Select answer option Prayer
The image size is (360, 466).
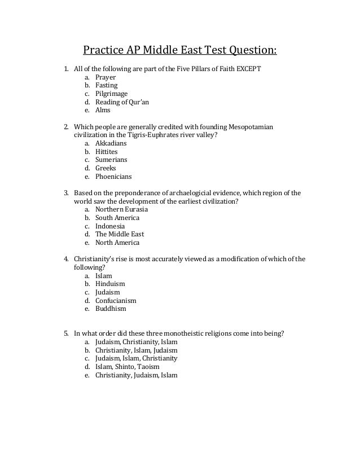[106, 77]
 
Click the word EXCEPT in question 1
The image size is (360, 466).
[248, 69]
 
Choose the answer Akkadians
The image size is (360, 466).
[111, 143]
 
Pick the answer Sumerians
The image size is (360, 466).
[111, 160]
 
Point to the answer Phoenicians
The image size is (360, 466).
[113, 176]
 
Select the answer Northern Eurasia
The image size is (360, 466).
[121, 209]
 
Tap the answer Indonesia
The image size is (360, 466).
[110, 226]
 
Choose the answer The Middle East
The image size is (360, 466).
[120, 234]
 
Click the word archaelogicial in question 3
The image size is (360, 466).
[186, 193]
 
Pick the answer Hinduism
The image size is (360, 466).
[110, 284]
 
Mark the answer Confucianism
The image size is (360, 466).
[116, 301]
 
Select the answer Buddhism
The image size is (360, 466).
[111, 309]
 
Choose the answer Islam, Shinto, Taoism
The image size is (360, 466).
[127, 367]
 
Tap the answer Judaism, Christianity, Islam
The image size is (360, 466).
[136, 342]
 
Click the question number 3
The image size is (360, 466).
[65, 193]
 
